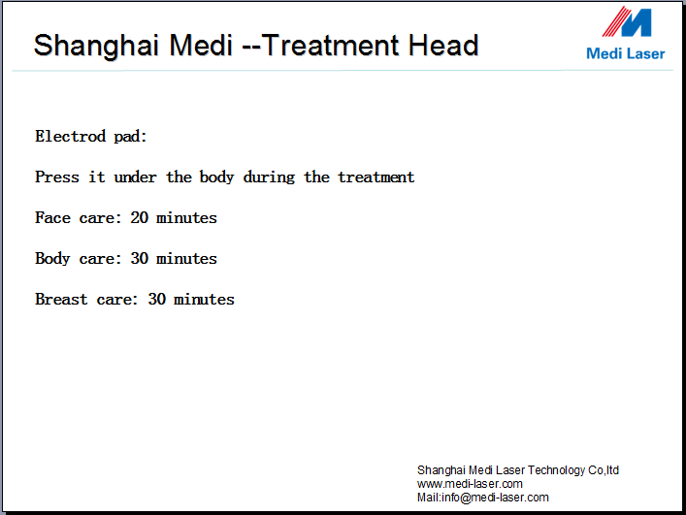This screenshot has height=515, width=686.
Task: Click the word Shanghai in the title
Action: (96, 47)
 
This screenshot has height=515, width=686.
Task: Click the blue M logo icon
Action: (627, 21)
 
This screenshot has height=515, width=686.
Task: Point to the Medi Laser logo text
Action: (625, 53)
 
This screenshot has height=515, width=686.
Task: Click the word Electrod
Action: (71, 136)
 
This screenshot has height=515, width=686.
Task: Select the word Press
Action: (57, 177)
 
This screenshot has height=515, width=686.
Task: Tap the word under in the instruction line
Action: (135, 177)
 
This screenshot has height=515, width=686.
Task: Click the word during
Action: (269, 177)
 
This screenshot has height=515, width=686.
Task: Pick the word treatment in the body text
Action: (376, 177)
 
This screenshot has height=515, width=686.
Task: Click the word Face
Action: (53, 217)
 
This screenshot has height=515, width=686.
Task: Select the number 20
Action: (140, 217)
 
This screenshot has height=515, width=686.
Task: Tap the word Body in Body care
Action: (52, 259)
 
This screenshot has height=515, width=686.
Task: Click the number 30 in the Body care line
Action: (140, 258)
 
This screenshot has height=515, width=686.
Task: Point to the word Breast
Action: (61, 299)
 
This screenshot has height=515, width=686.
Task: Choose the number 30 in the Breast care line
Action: (157, 299)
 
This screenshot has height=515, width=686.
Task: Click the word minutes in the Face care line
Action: (187, 217)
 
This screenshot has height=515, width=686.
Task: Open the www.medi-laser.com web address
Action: (470, 484)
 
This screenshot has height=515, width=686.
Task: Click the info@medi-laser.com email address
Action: (495, 498)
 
